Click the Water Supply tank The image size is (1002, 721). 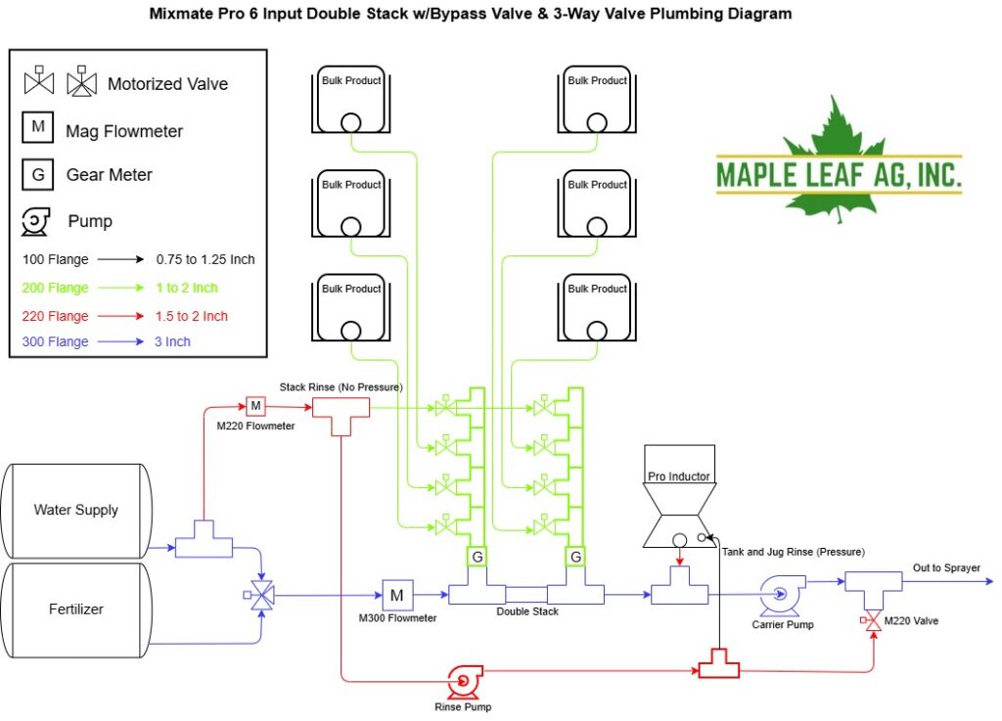76,511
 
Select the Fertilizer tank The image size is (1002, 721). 76,609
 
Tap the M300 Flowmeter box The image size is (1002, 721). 397,595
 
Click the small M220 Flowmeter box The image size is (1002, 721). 255,406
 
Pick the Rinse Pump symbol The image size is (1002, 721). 464,682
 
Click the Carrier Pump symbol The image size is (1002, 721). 782,595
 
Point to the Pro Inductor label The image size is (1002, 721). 679,476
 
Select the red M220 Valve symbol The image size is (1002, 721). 872,620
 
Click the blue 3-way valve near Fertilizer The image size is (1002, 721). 260,595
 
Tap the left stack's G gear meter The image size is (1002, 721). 477,557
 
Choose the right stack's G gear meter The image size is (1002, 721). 575,557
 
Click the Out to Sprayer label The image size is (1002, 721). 946,567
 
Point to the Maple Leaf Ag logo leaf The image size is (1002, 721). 831,159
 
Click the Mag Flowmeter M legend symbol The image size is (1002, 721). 38,126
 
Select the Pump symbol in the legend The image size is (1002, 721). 36,222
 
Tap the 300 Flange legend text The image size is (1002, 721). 55,341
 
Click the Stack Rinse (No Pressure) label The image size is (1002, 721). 342,387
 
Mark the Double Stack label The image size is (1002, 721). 527,611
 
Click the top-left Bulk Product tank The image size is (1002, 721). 351,100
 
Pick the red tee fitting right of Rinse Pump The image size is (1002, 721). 719,664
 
